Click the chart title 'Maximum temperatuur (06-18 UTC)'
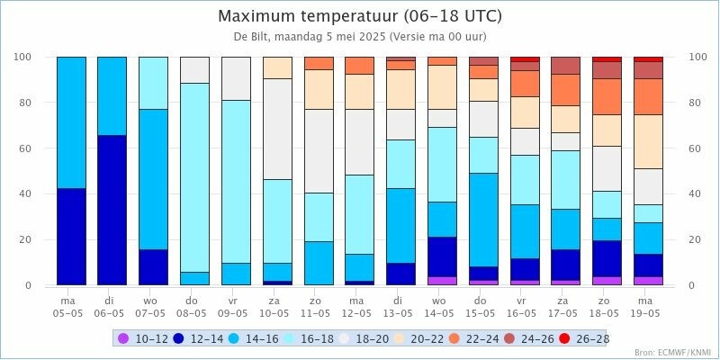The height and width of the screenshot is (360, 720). click(x=360, y=16)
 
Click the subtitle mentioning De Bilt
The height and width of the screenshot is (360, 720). click(x=360, y=38)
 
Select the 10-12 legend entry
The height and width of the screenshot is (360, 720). click(x=144, y=338)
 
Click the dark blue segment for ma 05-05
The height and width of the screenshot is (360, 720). click(x=71, y=237)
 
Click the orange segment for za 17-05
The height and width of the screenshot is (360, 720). click(x=565, y=90)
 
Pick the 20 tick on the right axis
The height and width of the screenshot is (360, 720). click(x=696, y=239)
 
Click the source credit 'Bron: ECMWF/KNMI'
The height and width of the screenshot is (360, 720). click(x=672, y=352)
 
